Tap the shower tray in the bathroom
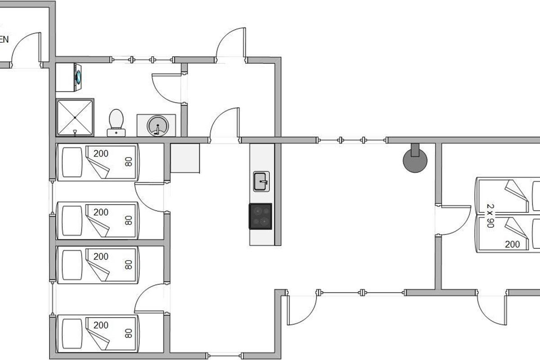click(75, 117)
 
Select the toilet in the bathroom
click(116, 121)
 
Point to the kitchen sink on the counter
click(261, 181)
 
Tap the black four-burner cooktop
click(261, 216)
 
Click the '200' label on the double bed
click(512, 244)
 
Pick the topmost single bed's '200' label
click(101, 154)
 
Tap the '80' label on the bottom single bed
click(129, 333)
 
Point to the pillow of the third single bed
click(70, 264)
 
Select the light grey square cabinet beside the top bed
click(185, 158)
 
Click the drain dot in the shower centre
click(75, 117)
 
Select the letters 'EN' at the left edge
click(4, 40)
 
